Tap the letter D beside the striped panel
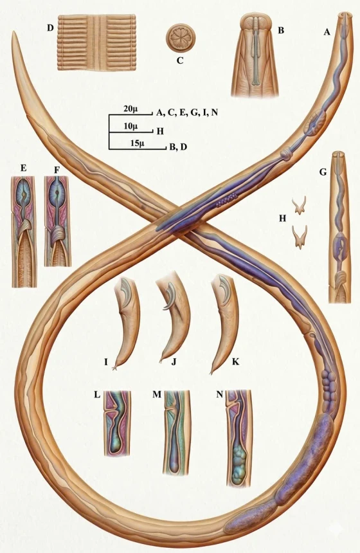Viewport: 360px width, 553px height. click(x=50, y=28)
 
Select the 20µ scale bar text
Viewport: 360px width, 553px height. click(x=130, y=109)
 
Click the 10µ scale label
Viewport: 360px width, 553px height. click(x=130, y=126)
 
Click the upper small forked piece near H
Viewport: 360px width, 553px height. click(x=300, y=206)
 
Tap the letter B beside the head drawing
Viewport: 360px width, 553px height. click(x=281, y=30)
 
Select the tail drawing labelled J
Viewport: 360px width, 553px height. click(x=174, y=320)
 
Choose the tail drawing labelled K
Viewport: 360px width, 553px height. click(x=224, y=323)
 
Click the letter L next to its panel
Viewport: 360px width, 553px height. click(x=97, y=395)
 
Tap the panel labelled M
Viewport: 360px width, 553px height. click(x=176, y=433)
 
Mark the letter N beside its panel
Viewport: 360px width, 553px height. click(x=220, y=394)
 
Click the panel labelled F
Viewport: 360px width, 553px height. click(x=58, y=221)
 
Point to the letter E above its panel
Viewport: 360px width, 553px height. click(x=23, y=168)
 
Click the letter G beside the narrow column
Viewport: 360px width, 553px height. click(x=323, y=172)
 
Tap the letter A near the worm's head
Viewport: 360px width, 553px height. click(x=327, y=32)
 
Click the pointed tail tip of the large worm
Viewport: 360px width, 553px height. click(x=13, y=32)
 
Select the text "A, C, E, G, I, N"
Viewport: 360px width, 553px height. click(x=187, y=113)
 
